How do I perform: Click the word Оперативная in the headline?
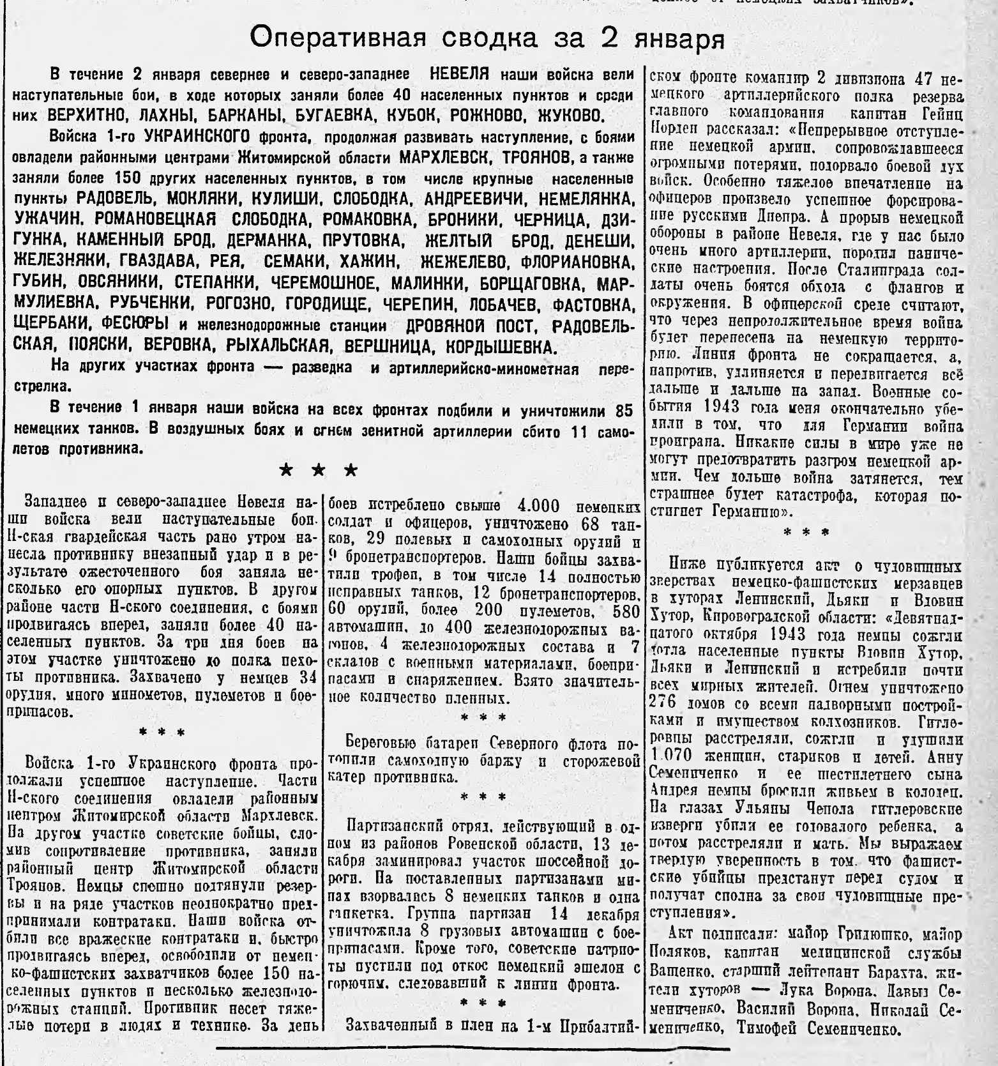pyautogui.click(x=336, y=38)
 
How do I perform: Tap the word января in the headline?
pyautogui.click(x=681, y=39)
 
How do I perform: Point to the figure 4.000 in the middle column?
pyautogui.click(x=538, y=506)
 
